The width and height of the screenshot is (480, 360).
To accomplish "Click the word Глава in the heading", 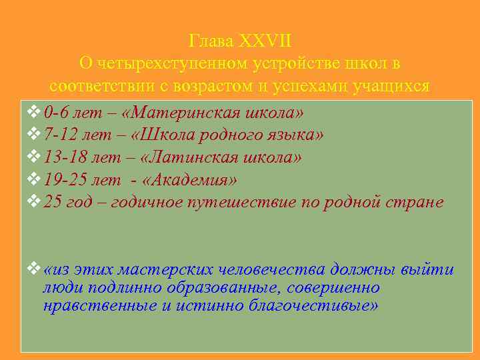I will coord(211,41).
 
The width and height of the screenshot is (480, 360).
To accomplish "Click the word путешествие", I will coord(247,201).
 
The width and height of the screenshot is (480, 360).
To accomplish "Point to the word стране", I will coord(417,201).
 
